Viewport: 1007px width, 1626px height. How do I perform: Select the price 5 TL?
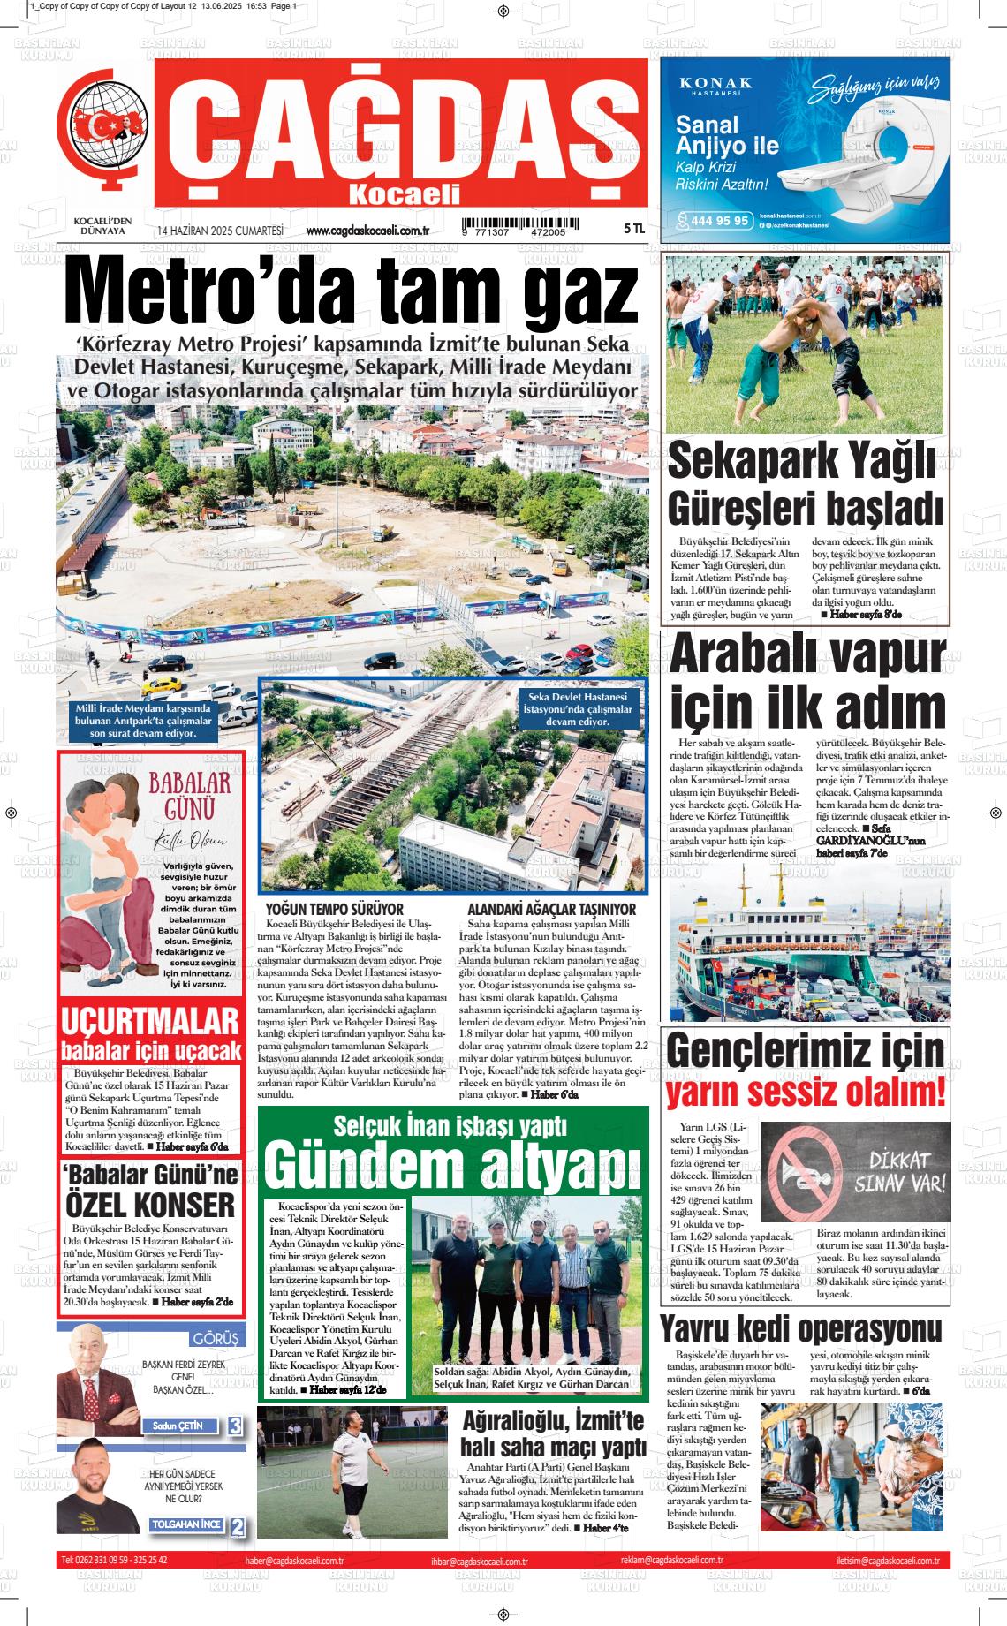point(634,229)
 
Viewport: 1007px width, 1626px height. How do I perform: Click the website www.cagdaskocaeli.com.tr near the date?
point(367,231)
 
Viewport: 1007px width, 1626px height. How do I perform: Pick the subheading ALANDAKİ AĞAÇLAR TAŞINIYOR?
point(551,909)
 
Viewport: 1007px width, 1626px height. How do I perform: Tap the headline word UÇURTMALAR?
point(150,1021)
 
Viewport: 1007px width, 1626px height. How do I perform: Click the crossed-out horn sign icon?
point(803,1171)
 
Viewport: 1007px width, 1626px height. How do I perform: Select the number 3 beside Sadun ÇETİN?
point(235,1426)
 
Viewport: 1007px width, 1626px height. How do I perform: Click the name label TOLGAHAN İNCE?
point(186,1524)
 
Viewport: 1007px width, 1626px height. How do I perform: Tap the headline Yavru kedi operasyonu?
point(800,1328)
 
